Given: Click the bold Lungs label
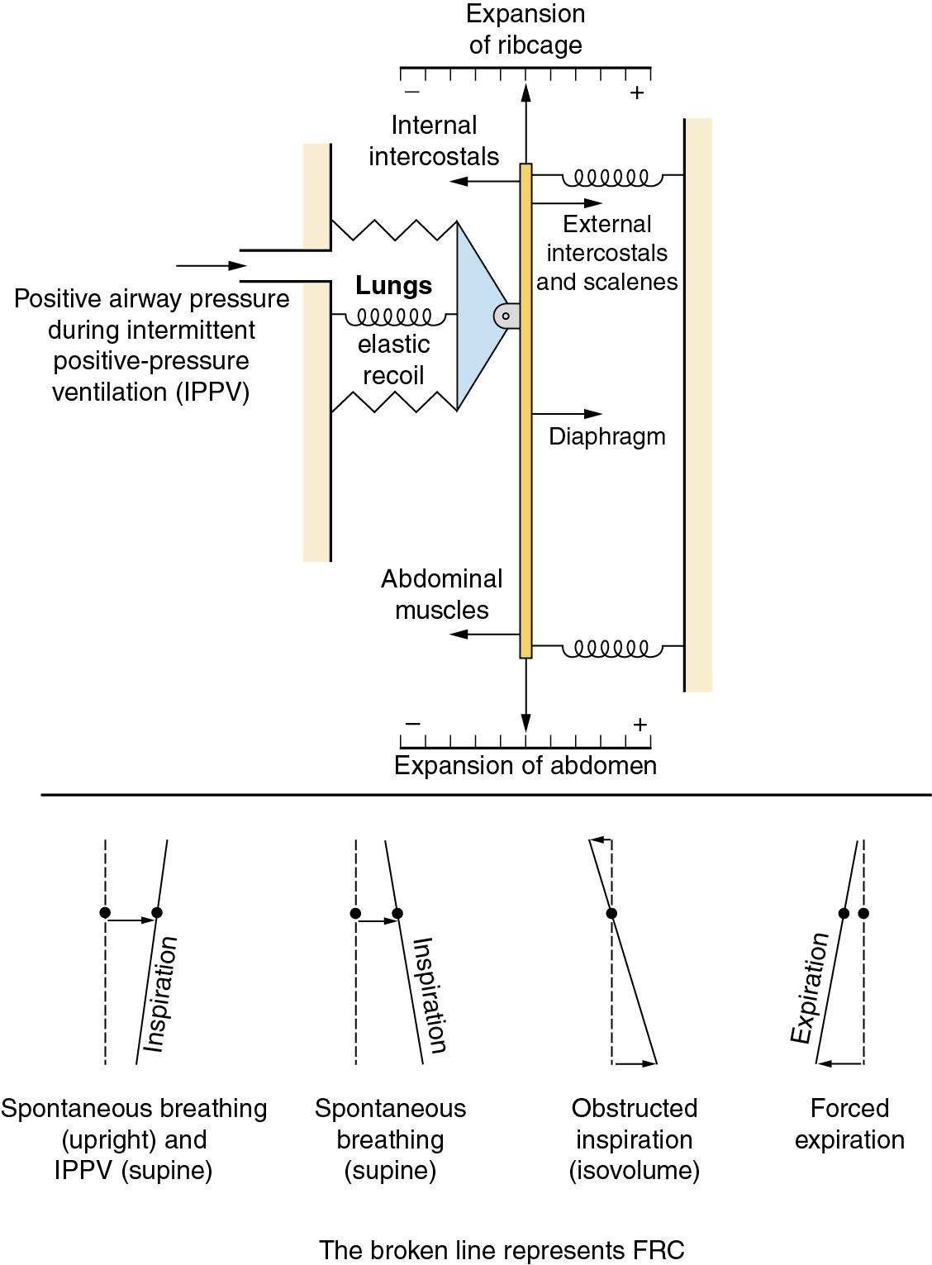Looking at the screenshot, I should [393, 286].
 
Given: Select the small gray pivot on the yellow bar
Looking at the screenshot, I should [506, 316].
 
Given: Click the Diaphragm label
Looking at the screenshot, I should [606, 436].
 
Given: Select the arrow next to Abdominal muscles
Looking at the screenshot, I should [484, 635].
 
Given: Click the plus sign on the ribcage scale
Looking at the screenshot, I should [636, 93].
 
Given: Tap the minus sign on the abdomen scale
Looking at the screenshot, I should [413, 725].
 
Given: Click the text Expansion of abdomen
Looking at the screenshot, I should [525, 766].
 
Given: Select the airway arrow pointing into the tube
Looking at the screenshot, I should [212, 266].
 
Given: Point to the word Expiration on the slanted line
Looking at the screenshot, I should [810, 987].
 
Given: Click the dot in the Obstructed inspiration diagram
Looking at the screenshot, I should [611, 913].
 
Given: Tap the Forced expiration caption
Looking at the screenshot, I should [849, 1124].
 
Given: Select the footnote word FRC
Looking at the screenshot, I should [660, 1250].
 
